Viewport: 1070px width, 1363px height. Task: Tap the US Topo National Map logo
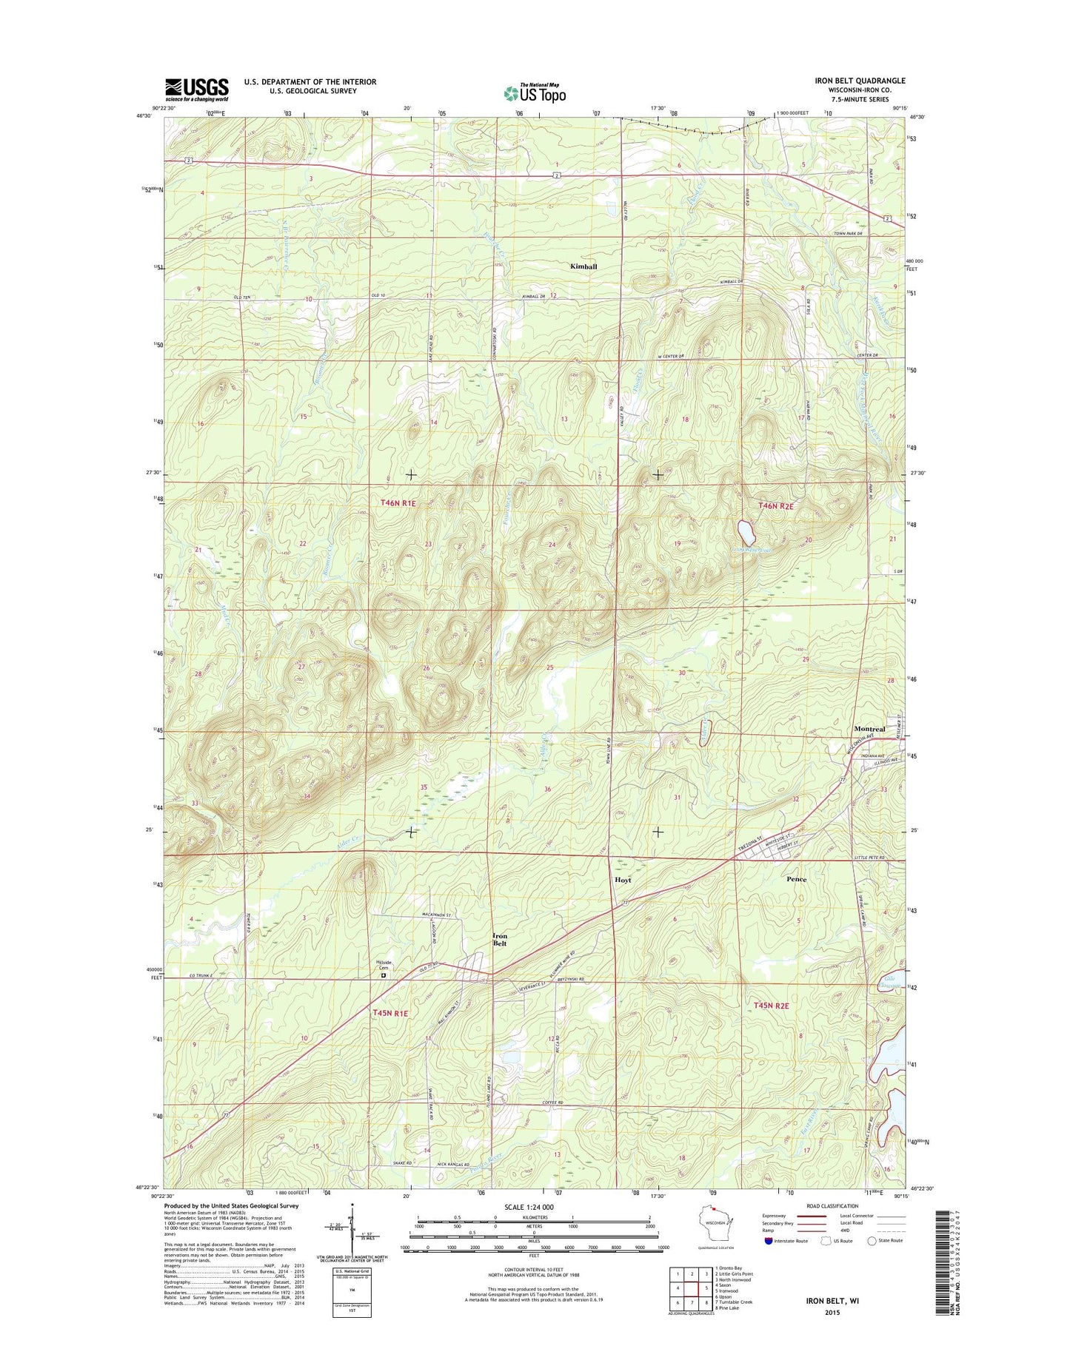click(535, 92)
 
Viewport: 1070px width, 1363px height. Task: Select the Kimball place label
click(583, 266)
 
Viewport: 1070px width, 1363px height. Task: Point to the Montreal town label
click(869, 729)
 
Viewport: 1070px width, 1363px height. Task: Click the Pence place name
click(796, 879)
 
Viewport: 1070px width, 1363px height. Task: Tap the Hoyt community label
click(623, 881)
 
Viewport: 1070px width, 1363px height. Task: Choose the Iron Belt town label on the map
click(501, 940)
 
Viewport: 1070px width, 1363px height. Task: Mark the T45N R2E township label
click(772, 1006)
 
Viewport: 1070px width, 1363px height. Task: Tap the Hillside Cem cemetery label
click(384, 966)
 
